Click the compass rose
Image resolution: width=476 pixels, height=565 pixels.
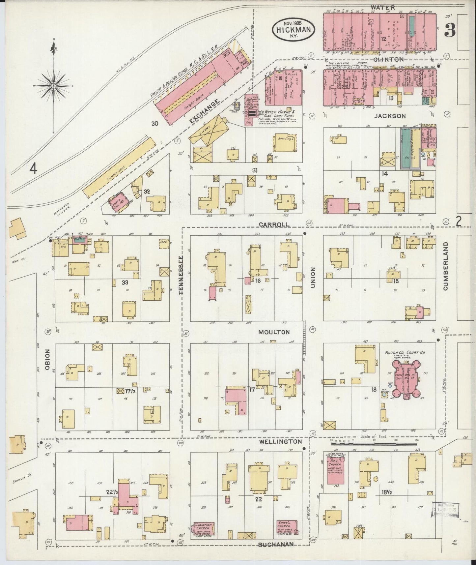(54, 86)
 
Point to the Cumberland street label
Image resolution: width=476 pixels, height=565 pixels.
(446, 266)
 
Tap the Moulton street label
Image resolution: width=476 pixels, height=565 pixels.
(274, 332)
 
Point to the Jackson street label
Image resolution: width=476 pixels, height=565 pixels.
(390, 116)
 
